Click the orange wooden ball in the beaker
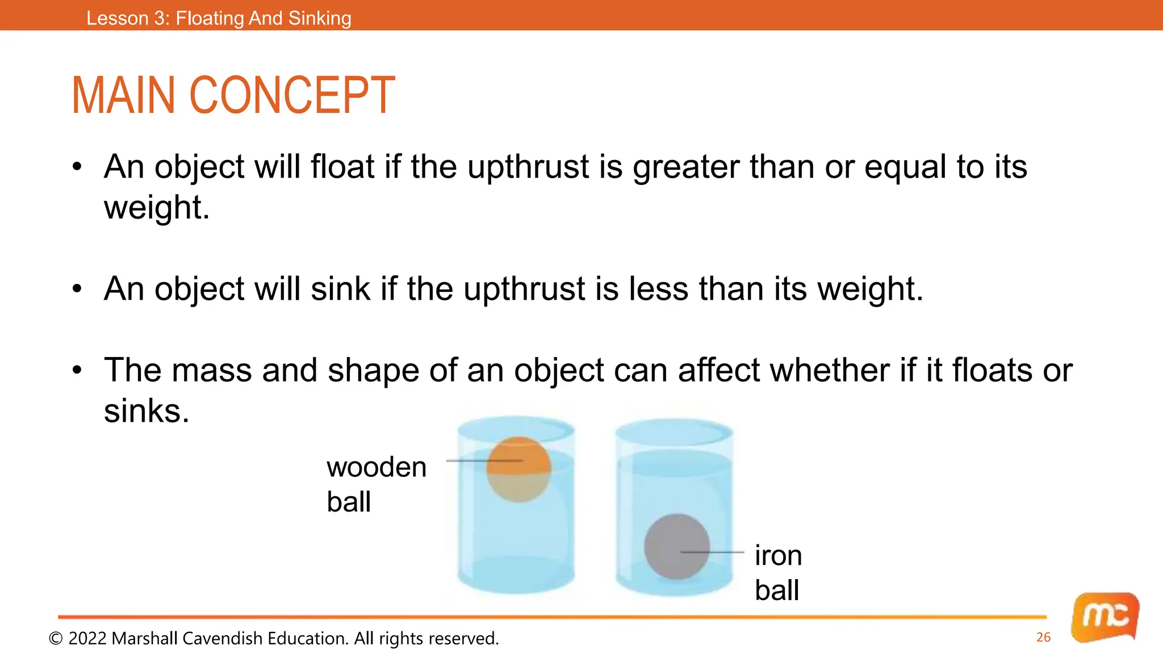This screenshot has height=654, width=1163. click(x=518, y=469)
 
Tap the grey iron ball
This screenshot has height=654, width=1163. click(x=676, y=547)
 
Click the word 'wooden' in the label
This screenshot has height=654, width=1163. click(x=376, y=468)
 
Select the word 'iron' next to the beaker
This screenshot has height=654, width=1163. click(x=778, y=555)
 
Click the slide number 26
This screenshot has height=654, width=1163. click(x=1043, y=638)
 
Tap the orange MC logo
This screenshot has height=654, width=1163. click(x=1105, y=617)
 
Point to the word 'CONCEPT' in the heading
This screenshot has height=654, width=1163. click(x=292, y=95)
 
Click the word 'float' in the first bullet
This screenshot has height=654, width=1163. click(x=342, y=167)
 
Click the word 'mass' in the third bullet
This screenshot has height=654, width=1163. click(x=211, y=370)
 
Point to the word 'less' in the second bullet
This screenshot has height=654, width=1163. click(x=659, y=289)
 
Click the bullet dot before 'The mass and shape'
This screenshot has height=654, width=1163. click(x=77, y=371)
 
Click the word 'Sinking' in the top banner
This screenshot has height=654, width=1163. click(x=320, y=18)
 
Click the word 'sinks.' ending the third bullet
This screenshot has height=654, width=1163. click(x=146, y=411)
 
